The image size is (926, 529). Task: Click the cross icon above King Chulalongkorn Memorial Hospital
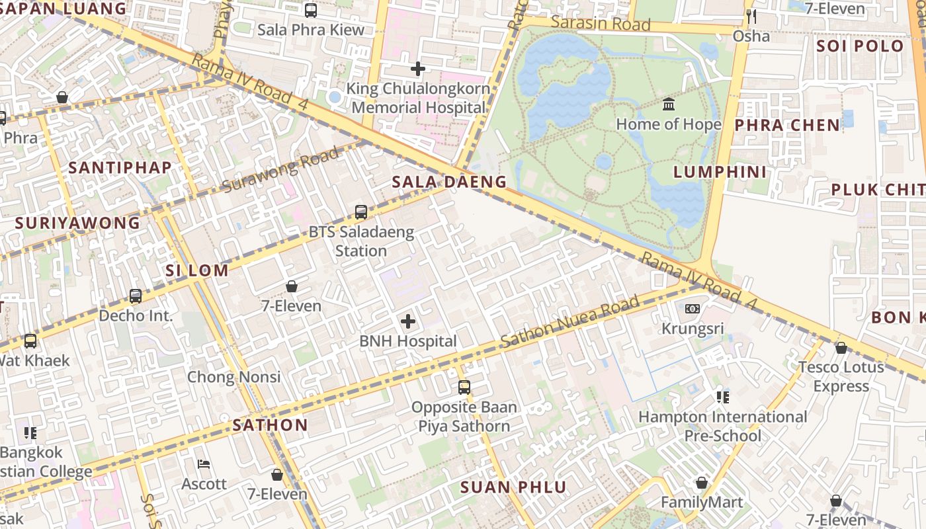pyautogui.click(x=417, y=68)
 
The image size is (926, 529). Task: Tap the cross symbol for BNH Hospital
pyautogui.click(x=408, y=321)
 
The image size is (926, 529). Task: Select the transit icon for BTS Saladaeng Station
pyautogui.click(x=361, y=212)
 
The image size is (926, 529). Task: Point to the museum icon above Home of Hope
pyautogui.click(x=669, y=104)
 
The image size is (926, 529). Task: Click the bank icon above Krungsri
pyautogui.click(x=693, y=309)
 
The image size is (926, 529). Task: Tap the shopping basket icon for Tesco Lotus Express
pyautogui.click(x=841, y=347)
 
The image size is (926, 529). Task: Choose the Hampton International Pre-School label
pyautogui.click(x=722, y=427)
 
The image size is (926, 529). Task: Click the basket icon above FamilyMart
pyautogui.click(x=702, y=483)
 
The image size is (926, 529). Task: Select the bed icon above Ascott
pyautogui.click(x=204, y=464)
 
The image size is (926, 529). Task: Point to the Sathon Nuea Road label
pyautogui.click(x=569, y=322)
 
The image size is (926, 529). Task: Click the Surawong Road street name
pyautogui.click(x=281, y=170)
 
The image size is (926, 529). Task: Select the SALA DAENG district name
pyautogui.click(x=449, y=182)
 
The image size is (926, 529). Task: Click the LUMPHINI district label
pyautogui.click(x=720, y=173)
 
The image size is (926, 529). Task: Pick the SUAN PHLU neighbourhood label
pyautogui.click(x=513, y=488)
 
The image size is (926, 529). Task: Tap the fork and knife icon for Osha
pyautogui.click(x=751, y=16)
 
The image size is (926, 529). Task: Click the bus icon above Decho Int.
pyautogui.click(x=136, y=296)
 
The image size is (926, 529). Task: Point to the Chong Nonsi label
pyautogui.click(x=233, y=377)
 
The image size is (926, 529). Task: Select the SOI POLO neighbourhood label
pyautogui.click(x=859, y=46)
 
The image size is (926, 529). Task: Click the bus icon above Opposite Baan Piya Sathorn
pyautogui.click(x=464, y=387)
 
